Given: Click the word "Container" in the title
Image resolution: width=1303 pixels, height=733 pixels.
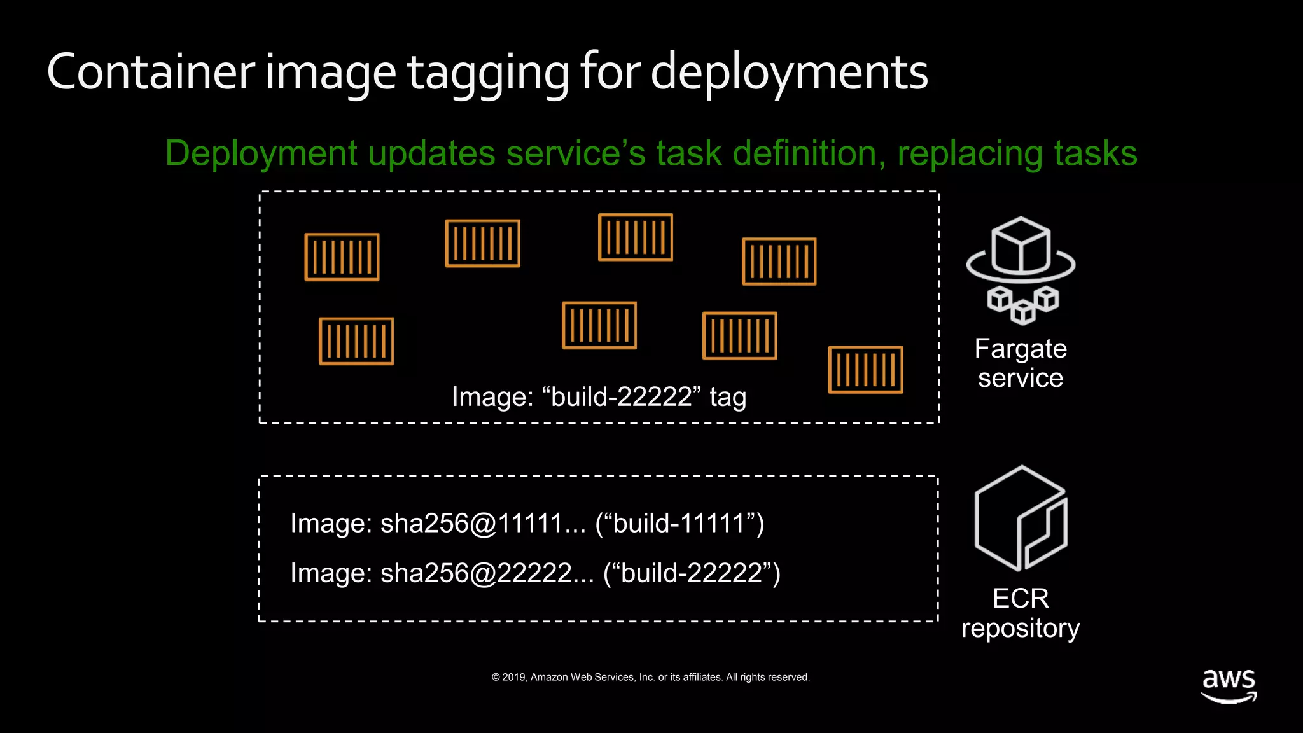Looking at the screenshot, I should [151, 72].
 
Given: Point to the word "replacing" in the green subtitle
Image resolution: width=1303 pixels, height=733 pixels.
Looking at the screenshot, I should [969, 154].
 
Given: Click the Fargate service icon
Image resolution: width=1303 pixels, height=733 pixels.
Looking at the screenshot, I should [1021, 270].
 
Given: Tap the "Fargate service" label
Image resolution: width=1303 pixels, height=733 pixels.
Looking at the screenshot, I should [1021, 363].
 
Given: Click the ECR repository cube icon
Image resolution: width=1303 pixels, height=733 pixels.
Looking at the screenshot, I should [1021, 519].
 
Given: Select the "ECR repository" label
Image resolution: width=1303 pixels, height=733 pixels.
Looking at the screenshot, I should [1021, 613].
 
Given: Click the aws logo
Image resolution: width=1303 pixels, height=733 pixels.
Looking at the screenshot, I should [1229, 685].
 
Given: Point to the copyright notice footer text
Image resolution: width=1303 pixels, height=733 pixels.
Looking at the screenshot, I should [651, 677].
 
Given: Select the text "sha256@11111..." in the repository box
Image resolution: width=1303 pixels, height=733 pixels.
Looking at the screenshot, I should [483, 524].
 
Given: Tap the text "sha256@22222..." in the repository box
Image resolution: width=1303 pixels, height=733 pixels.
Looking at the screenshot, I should [487, 573].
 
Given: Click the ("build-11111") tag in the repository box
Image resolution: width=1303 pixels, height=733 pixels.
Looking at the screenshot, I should [679, 524].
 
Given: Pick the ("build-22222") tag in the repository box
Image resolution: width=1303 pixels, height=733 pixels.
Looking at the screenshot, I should [692, 573].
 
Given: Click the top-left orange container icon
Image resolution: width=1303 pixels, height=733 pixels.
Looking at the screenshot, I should [342, 257].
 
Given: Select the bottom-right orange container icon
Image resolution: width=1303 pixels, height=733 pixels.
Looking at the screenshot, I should [865, 370].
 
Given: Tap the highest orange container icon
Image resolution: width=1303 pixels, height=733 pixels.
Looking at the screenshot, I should [635, 237].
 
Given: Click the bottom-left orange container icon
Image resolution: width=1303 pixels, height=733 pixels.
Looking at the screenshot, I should [356, 341].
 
